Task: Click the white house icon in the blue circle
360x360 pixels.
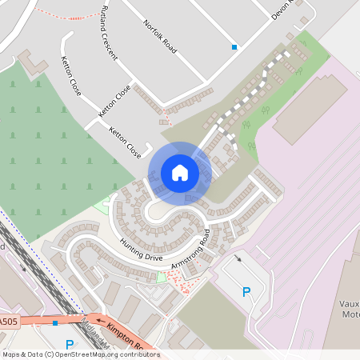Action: (x=180, y=172)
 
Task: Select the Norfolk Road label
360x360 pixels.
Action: (x=160, y=35)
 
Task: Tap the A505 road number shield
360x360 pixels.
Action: (x=8, y=322)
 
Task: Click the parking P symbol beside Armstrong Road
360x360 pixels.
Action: (x=246, y=292)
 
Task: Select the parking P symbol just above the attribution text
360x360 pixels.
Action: (x=69, y=345)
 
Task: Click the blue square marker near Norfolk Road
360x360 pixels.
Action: (x=234, y=47)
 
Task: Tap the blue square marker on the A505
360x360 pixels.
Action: (x=54, y=323)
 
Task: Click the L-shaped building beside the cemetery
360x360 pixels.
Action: (x=31, y=62)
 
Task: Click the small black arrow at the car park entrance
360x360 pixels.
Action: (x=238, y=258)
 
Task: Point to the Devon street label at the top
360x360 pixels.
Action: (x=282, y=10)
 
